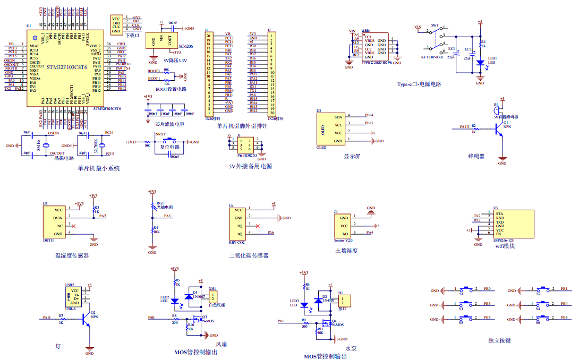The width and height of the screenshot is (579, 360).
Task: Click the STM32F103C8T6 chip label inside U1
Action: coord(66,67)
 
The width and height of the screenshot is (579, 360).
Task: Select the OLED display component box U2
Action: coord(329,129)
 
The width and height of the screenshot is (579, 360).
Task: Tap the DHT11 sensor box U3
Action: coord(55,222)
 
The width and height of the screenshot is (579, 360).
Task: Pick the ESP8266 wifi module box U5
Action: coord(513,223)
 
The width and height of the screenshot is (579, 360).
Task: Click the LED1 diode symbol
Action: coord(480,63)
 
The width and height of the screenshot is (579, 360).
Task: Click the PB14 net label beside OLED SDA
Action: coord(368,115)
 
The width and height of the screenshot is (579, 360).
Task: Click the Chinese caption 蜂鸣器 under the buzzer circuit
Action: coord(476,156)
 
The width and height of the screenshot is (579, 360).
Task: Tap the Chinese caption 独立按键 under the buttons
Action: coord(499,340)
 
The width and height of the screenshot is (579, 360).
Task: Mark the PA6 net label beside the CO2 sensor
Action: coord(270,233)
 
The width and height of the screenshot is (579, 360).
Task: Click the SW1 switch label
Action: coord(435,25)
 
